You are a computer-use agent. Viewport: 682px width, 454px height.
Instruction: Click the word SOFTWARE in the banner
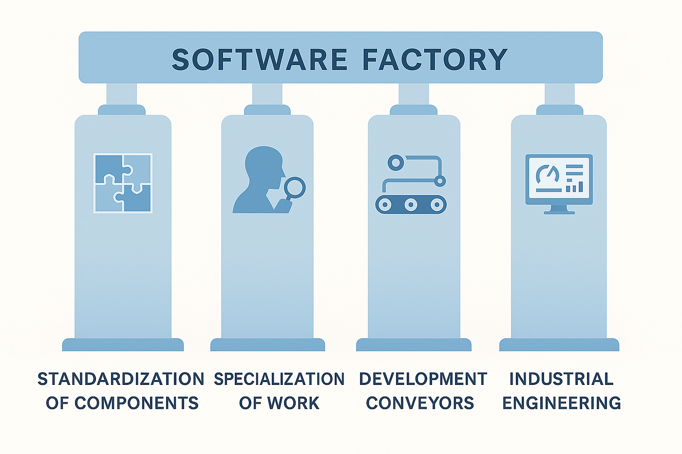259,59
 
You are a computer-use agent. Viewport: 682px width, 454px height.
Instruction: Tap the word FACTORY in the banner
435,59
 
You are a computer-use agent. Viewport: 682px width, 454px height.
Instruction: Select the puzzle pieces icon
123,183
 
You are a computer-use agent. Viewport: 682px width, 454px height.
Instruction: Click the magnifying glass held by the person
294,188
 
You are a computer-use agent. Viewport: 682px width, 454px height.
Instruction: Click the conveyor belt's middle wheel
411,204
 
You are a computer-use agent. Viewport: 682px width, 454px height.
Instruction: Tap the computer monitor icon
559,180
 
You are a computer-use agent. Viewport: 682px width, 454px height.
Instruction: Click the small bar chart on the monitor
574,186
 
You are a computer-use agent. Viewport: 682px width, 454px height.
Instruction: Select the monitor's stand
559,210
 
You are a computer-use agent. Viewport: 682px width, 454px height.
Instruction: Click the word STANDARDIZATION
121,379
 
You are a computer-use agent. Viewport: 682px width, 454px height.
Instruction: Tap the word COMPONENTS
136,403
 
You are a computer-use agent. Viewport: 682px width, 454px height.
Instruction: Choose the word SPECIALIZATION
279,379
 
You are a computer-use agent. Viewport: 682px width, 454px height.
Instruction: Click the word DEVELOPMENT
423,379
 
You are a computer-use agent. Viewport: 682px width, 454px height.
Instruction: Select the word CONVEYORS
420,403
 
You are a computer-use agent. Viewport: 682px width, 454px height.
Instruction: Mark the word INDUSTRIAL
561,379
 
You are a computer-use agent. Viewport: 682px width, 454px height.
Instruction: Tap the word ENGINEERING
562,403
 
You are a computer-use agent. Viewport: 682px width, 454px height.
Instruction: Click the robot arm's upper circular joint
396,163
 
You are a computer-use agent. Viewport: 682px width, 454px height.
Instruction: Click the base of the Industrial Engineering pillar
559,345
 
